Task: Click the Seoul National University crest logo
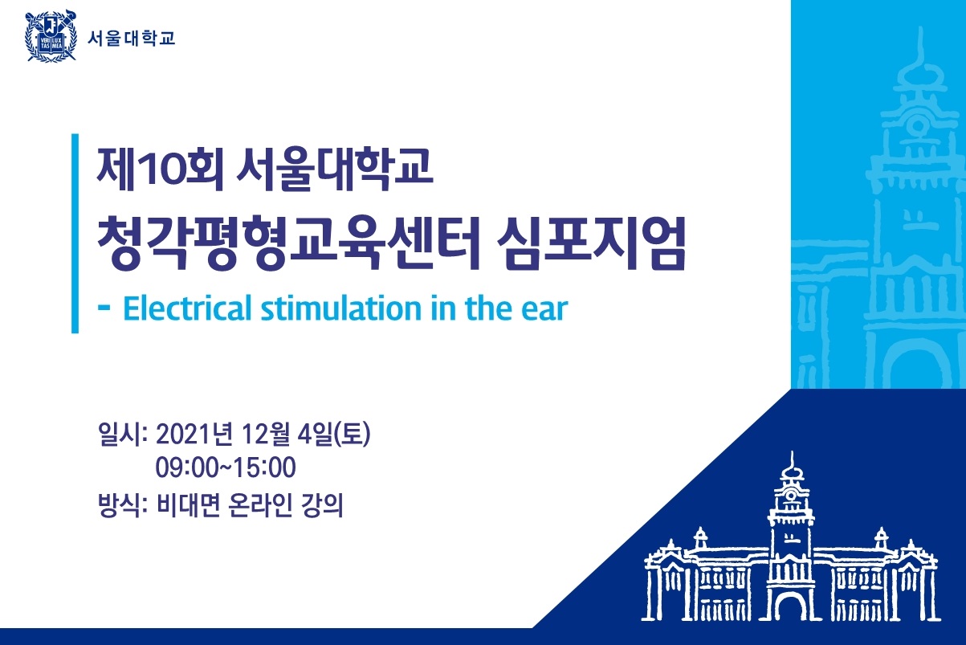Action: click(x=51, y=36)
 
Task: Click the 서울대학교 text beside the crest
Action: click(x=131, y=39)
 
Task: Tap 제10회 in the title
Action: click(x=161, y=169)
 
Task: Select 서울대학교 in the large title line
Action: click(x=335, y=169)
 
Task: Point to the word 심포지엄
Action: click(x=591, y=243)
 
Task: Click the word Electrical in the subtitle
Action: click(x=187, y=308)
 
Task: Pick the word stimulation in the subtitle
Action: click(x=341, y=308)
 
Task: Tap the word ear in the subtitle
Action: click(x=544, y=310)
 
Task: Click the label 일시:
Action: click(x=124, y=434)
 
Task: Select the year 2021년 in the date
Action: click(x=195, y=434)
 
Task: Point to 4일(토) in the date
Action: click(x=334, y=434)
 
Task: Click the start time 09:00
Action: click(x=188, y=467)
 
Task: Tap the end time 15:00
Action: click(x=264, y=467)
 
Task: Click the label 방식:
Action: click(x=124, y=504)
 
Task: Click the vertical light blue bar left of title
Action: click(x=75, y=234)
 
